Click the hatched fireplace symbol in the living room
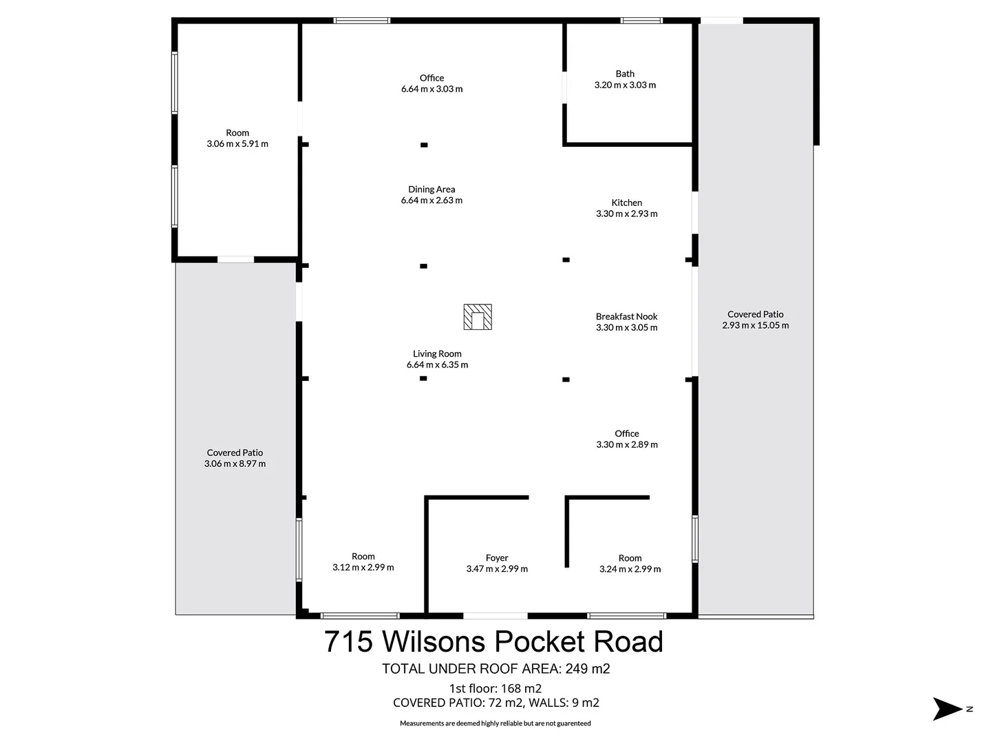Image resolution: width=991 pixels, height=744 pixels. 478,317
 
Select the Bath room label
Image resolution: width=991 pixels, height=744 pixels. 625,74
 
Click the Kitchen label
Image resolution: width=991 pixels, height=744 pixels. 626,203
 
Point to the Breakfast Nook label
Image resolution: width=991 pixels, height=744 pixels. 626,316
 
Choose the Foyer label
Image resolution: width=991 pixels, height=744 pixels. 497,558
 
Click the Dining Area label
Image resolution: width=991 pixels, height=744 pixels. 431,189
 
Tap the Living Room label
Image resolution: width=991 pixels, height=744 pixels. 437,353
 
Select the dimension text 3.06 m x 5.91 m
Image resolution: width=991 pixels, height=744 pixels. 237,144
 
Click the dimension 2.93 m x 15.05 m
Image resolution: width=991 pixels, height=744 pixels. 755,325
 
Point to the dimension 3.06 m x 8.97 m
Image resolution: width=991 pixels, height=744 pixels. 235,464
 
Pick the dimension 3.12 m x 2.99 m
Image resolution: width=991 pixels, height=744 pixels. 363,568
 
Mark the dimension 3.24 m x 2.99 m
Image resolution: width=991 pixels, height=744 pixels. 630,569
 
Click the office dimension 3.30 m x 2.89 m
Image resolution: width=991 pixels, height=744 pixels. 626,444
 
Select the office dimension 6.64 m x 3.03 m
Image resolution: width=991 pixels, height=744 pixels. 431,89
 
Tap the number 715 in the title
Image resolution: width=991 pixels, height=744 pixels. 348,642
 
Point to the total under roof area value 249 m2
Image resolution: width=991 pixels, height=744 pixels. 587,668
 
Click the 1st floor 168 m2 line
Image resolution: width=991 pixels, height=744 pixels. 495,688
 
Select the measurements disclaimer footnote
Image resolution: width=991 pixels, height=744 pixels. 495,723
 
